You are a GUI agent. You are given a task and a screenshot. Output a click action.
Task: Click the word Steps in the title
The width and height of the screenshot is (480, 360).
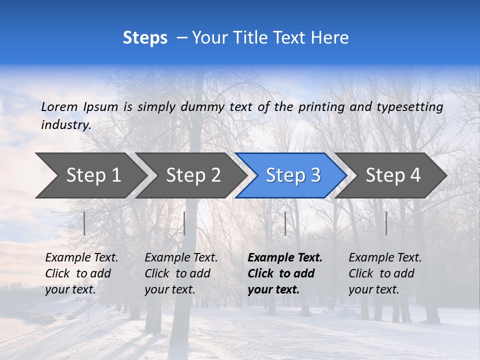click(x=145, y=38)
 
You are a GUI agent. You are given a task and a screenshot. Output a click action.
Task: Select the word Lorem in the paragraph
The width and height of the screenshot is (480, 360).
click(x=59, y=106)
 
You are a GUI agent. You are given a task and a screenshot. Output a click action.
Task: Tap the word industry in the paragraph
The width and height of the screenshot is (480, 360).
click(x=65, y=124)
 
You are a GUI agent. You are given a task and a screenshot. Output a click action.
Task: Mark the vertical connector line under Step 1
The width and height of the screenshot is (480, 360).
click(x=84, y=223)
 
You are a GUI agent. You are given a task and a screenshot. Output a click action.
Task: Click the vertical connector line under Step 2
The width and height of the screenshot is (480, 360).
click(x=184, y=223)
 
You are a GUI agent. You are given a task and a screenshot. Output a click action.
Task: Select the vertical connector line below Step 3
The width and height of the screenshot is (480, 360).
click(x=285, y=223)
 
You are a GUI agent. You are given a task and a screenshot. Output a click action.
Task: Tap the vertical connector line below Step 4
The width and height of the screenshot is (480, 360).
click(x=386, y=223)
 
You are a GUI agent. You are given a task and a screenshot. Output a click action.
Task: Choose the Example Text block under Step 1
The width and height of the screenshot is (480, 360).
click(x=81, y=273)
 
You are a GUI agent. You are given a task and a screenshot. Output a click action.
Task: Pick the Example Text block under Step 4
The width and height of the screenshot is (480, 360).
click(x=385, y=273)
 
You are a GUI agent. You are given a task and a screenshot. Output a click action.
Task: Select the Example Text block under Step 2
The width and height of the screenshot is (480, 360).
click(x=181, y=273)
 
